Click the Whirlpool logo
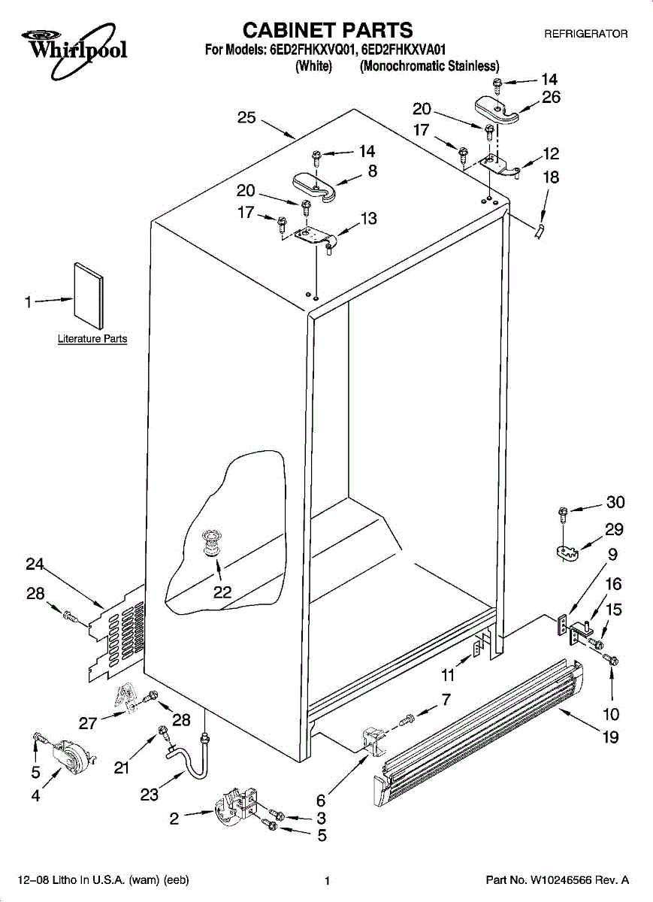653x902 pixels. pos(74,50)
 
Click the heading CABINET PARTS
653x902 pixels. pos(328,30)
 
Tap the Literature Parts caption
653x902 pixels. pos(92,339)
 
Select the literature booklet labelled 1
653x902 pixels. pos(89,295)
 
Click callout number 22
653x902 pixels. pos(222,592)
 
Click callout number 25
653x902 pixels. pos(246,117)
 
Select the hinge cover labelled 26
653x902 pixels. pos(497,109)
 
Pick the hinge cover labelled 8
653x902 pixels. pos(314,186)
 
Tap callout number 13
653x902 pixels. pos(368,218)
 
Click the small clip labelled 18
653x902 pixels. pos(539,232)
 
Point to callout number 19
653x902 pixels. pos(610,737)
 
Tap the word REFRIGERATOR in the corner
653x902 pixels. pos(586,34)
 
